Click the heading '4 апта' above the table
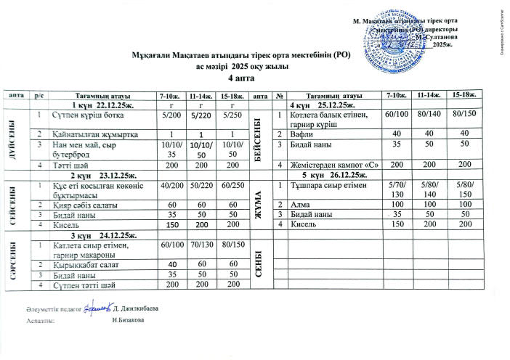tap(240, 77)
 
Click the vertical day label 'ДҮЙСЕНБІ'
tap(12, 139)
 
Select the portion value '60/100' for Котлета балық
tap(396, 115)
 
